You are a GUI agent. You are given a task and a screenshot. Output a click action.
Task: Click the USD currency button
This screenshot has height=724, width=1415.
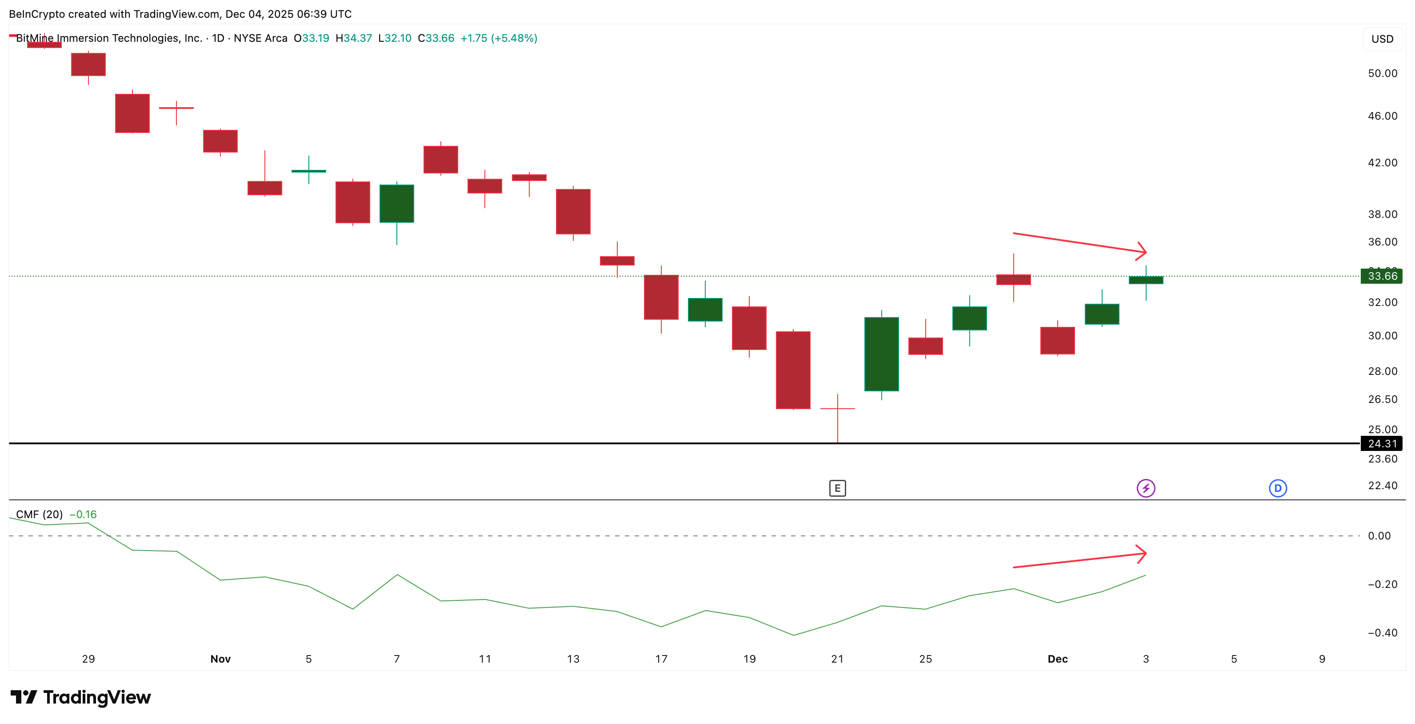click(1382, 39)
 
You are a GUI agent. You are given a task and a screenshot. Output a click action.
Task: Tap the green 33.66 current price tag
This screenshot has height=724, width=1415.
click(1382, 276)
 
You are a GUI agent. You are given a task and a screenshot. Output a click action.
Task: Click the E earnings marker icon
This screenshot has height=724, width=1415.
click(837, 488)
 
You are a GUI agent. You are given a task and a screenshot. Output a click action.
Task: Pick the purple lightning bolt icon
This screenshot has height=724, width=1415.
click(1146, 488)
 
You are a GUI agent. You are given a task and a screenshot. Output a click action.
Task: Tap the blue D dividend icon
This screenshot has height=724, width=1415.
click(1278, 488)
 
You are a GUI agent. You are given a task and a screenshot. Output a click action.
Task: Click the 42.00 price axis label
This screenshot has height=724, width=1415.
click(1382, 163)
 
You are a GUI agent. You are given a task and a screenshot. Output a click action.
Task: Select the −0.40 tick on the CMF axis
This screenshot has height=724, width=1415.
click(1382, 633)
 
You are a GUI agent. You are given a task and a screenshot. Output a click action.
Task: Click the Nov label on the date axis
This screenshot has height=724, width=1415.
click(220, 659)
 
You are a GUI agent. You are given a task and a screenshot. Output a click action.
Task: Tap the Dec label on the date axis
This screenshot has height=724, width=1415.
click(1057, 659)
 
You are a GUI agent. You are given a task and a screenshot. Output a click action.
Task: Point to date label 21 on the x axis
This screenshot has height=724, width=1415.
click(837, 659)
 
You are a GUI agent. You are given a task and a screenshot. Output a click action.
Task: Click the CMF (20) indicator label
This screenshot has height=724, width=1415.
click(39, 515)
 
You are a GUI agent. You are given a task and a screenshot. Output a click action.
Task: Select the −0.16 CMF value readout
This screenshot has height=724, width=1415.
click(83, 515)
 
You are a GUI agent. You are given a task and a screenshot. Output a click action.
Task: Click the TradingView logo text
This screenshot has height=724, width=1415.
click(97, 698)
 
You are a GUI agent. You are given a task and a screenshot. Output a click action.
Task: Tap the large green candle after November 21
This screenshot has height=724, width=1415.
click(882, 354)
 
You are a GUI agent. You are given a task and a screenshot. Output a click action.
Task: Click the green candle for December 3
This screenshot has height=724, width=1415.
click(1146, 280)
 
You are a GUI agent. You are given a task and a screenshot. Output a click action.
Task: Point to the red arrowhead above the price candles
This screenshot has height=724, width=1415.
click(1142, 251)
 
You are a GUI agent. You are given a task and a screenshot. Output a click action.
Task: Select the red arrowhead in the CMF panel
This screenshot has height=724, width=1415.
click(1142, 554)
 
